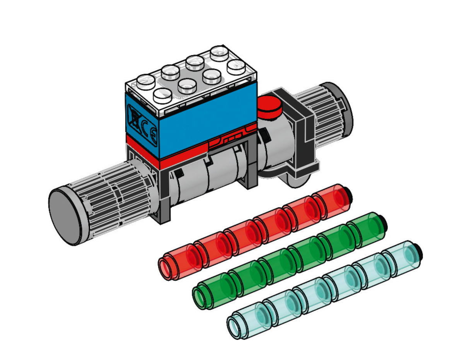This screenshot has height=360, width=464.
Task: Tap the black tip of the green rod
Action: pyautogui.click(x=384, y=222)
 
